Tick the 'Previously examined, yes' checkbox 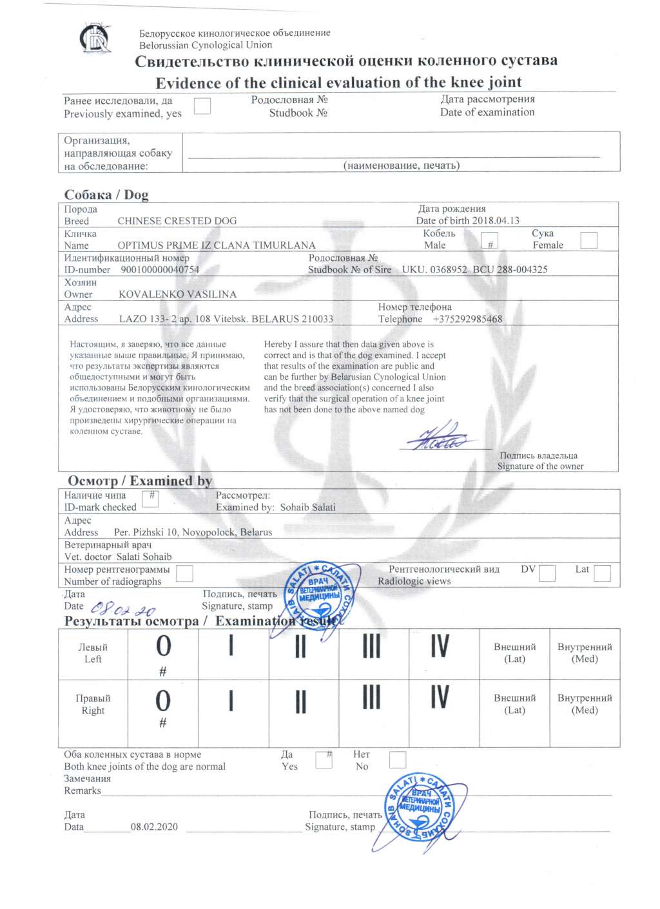tap(202, 106)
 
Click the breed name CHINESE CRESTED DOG tap(177, 221)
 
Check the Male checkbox tap(490, 242)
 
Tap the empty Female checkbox tap(588, 240)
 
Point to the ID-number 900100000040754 tap(160, 270)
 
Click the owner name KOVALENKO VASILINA tap(177, 294)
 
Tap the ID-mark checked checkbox tap(150, 498)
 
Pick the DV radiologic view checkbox tap(547, 573)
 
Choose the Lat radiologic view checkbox tap(602, 573)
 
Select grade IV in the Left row tap(440, 646)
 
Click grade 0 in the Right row tap(163, 700)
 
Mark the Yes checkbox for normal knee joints tap(324, 760)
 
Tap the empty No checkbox tap(398, 760)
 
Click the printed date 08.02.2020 tap(154, 827)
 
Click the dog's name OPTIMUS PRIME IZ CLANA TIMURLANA tap(217, 245)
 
